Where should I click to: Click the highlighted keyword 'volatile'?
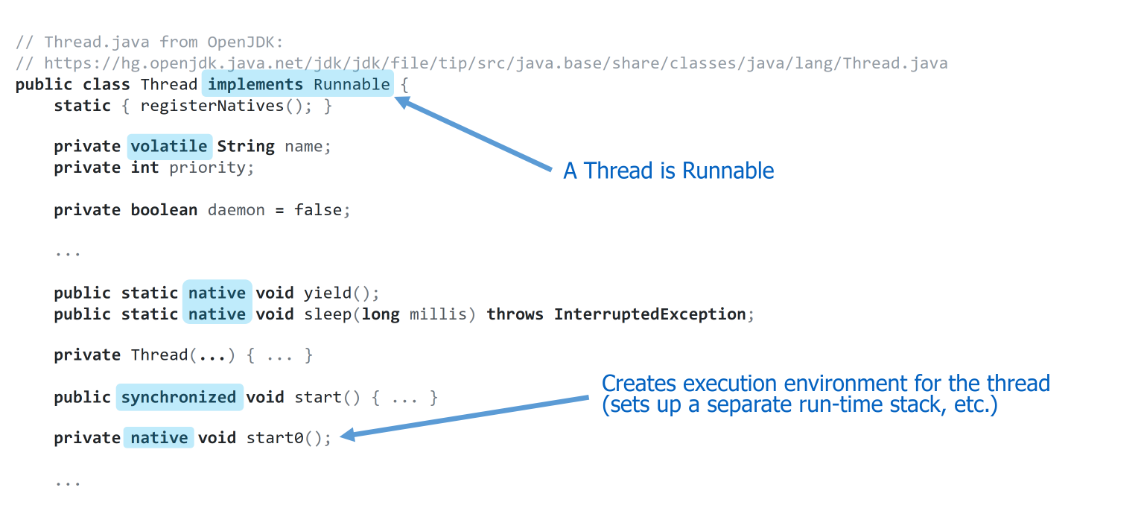point(170,147)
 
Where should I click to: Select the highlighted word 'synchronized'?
point(179,397)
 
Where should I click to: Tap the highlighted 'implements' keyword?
point(255,84)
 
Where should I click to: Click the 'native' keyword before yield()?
point(217,293)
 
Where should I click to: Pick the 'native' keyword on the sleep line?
point(217,314)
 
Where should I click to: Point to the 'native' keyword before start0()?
point(159,438)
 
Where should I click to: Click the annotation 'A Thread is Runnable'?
point(668,171)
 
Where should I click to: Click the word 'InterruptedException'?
point(649,314)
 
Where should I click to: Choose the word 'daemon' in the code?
point(236,210)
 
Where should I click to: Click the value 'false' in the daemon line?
point(318,210)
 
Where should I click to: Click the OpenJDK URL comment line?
point(481,63)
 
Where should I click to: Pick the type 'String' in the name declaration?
point(246,147)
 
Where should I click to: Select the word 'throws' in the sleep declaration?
point(515,314)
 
